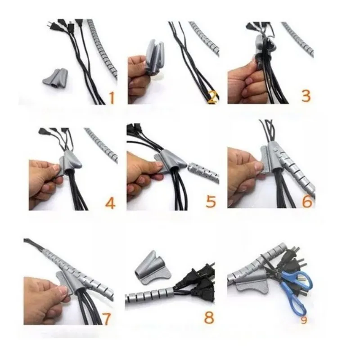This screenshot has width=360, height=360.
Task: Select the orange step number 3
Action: tap(306, 95)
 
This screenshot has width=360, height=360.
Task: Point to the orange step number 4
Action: tap(110, 202)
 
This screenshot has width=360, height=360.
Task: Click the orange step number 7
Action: tap(106, 318)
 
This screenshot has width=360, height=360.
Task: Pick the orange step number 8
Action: tap(209, 317)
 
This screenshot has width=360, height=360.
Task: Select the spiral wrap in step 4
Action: tap(101, 144)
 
